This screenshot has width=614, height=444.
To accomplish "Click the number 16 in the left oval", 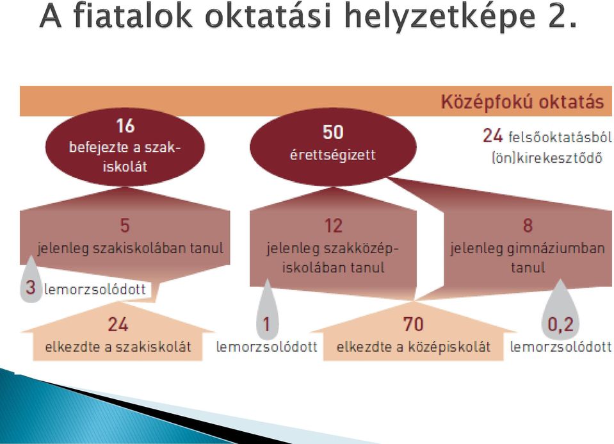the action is click(x=125, y=126).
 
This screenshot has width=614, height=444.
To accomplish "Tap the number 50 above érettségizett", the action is click(x=333, y=132).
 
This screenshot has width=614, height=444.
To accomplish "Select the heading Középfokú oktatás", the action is click(x=522, y=101).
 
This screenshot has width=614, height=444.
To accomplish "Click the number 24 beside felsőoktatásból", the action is click(x=492, y=136).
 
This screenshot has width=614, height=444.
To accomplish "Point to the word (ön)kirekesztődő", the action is click(x=547, y=158).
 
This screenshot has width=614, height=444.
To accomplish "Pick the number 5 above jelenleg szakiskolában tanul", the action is click(x=124, y=226).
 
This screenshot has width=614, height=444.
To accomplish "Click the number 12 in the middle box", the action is click(x=333, y=226).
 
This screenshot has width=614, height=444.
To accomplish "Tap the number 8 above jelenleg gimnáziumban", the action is click(x=528, y=226).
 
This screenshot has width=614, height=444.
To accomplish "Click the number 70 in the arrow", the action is click(x=413, y=324).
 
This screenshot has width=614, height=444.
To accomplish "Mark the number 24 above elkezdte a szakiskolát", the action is click(x=118, y=324).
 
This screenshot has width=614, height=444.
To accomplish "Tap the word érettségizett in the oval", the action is click(x=333, y=155).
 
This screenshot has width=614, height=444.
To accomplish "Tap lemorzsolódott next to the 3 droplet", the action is click(x=95, y=289).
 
